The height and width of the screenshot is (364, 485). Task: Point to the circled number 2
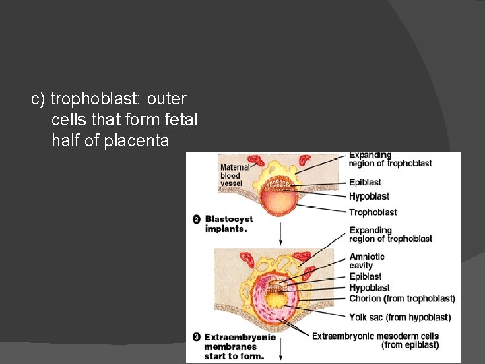(197, 219)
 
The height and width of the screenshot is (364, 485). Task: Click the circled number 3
(196, 337)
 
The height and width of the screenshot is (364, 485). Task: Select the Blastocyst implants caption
(230, 224)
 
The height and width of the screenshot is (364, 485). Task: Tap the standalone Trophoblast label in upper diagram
(373, 212)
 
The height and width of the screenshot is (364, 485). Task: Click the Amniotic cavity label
(366, 261)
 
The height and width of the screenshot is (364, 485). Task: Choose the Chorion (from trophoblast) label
(401, 299)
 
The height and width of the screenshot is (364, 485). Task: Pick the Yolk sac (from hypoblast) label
(399, 317)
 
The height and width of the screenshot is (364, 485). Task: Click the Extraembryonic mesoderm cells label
(376, 336)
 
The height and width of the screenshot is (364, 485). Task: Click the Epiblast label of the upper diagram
(365, 182)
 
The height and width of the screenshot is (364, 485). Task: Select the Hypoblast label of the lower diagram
(369, 288)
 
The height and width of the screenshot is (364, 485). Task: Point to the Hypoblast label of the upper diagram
(369, 196)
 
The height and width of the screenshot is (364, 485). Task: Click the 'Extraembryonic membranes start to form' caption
(240, 346)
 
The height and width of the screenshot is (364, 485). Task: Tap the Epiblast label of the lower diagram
(365, 276)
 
